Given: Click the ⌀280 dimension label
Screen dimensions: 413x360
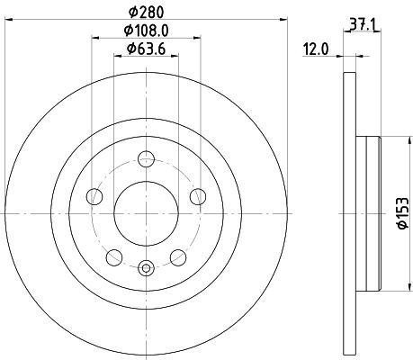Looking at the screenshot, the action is click(x=147, y=13).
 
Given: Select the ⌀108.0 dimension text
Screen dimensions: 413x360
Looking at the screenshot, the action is click(x=147, y=31).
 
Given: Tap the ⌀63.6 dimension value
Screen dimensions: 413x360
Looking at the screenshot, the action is click(x=147, y=49).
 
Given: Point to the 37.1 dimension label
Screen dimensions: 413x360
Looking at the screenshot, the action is click(x=363, y=25).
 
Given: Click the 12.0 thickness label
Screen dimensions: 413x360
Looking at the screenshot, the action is click(x=316, y=49).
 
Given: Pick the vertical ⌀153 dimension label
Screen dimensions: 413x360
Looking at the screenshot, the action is click(x=403, y=213).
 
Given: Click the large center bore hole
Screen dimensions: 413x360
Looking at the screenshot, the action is click(x=146, y=213).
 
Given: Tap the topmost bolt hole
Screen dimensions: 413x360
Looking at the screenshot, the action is click(x=146, y=158).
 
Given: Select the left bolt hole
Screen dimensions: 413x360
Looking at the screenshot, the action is click(x=94, y=196).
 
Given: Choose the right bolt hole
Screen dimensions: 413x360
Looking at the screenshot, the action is click(x=198, y=196).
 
